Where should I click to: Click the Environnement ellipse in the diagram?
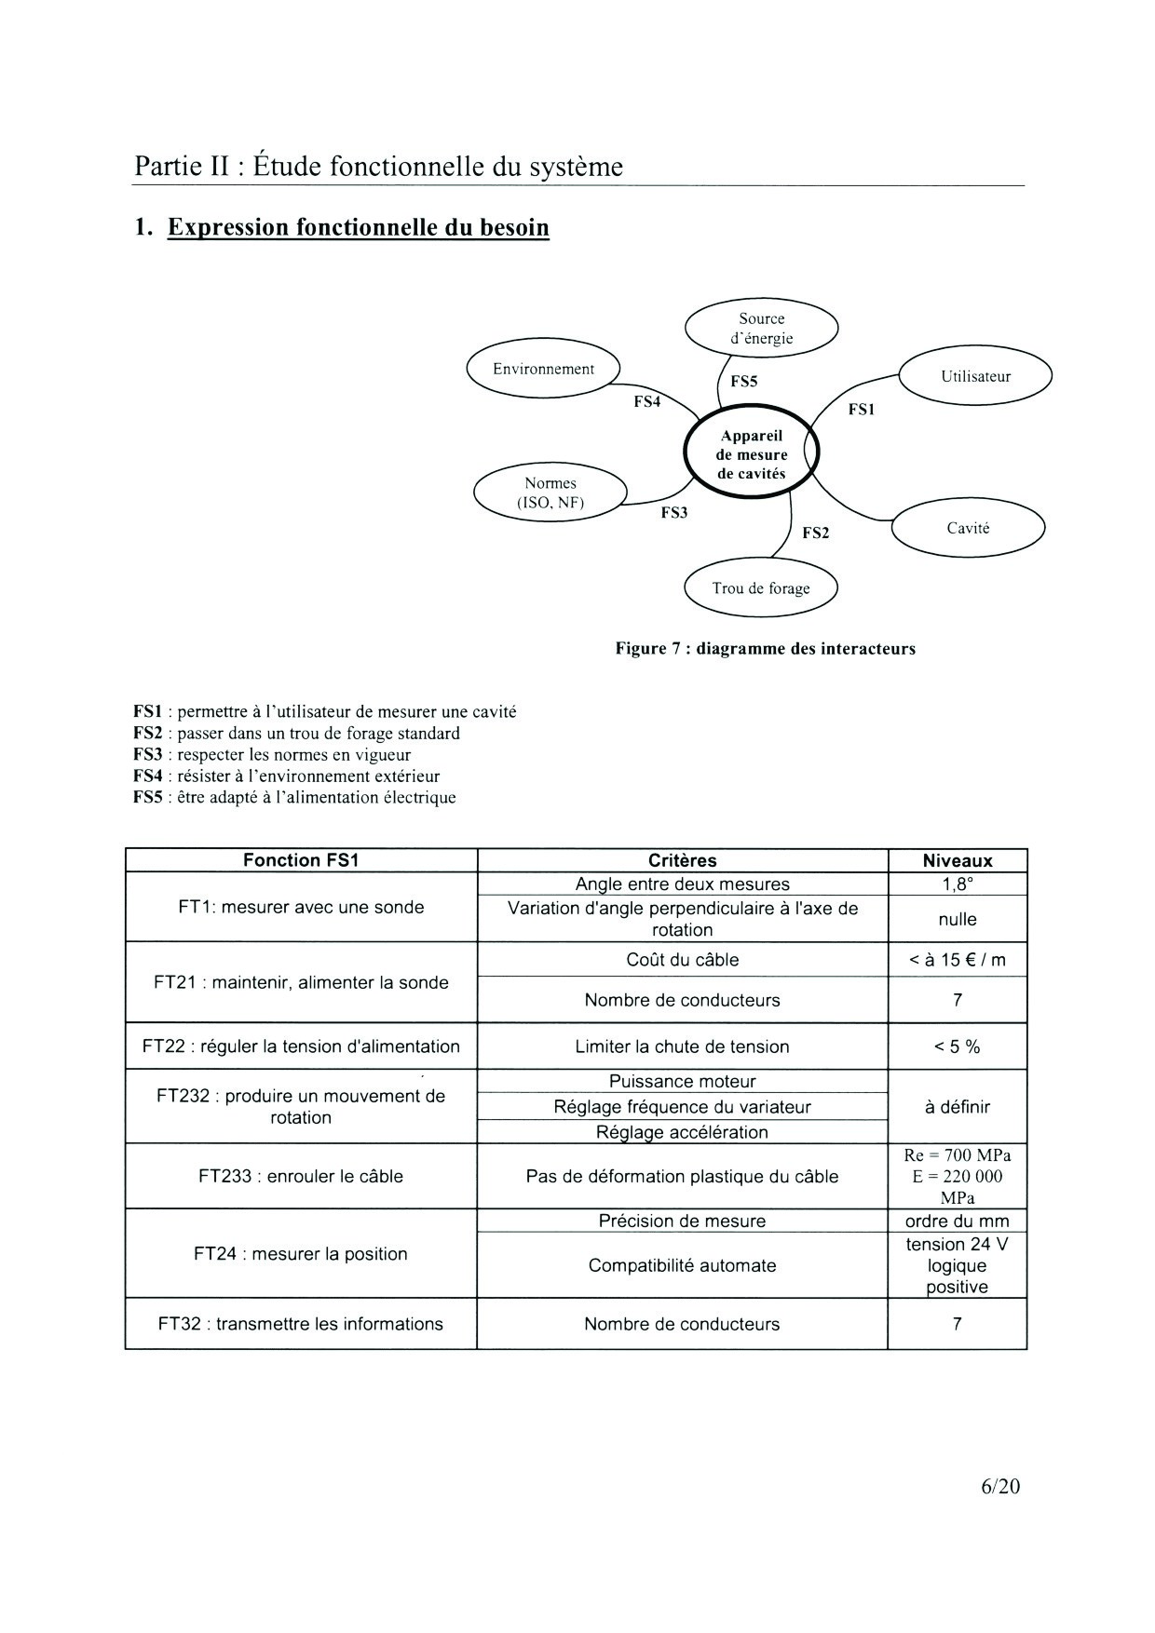pyautogui.click(x=543, y=370)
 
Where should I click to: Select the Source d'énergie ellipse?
pyautogui.click(x=761, y=329)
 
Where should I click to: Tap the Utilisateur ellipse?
pyautogui.click(x=975, y=377)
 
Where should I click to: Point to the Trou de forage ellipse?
pyautogui.click(x=760, y=588)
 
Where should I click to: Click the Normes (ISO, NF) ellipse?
pyautogui.click(x=550, y=493)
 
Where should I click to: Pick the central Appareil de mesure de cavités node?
pyautogui.click(x=751, y=454)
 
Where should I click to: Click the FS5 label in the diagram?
pyautogui.click(x=744, y=382)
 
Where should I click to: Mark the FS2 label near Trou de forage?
pyautogui.click(x=815, y=533)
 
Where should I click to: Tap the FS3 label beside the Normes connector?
pyautogui.click(x=674, y=513)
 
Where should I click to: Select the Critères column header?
pyautogui.click(x=682, y=861)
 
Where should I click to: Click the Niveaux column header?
pyautogui.click(x=957, y=861)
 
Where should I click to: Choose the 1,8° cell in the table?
pyautogui.click(x=957, y=884)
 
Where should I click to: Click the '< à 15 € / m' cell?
pyautogui.click(x=957, y=960)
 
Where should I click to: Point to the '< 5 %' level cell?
pyautogui.click(x=957, y=1047)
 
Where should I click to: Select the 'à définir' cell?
pyautogui.click(x=957, y=1107)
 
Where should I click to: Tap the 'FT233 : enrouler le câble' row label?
pyautogui.click(x=301, y=1177)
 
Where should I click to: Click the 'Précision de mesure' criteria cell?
pyautogui.click(x=682, y=1221)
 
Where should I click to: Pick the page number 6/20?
pyautogui.click(x=1000, y=1487)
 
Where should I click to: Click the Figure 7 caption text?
pyautogui.click(x=765, y=649)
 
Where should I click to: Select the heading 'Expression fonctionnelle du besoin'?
pyautogui.click(x=358, y=228)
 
